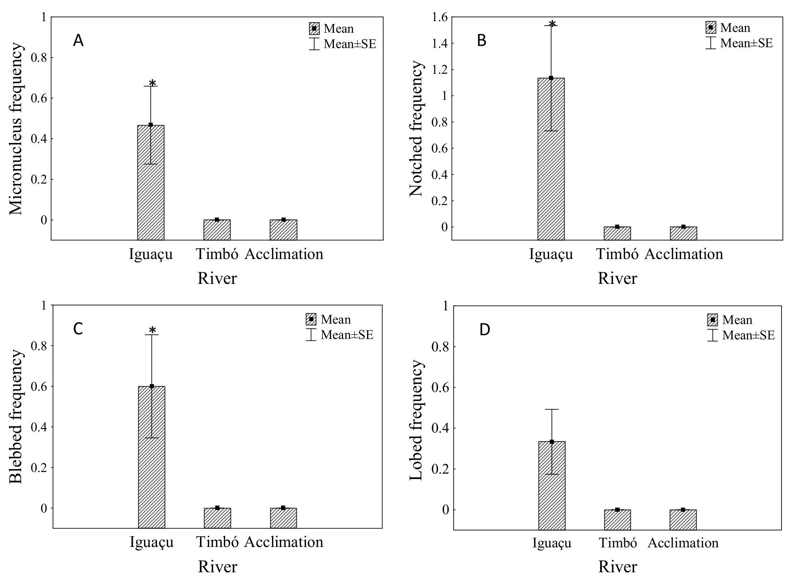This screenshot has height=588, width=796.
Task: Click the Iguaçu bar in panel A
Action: [151, 182]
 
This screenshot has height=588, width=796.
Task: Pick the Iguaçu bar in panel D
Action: [552, 485]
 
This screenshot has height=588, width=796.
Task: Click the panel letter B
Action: [481, 41]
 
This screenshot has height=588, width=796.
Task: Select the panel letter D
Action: [484, 330]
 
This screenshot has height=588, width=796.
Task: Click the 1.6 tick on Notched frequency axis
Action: [440, 17]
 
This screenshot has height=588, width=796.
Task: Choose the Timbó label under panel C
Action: [217, 542]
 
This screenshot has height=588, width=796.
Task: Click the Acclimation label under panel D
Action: [683, 543]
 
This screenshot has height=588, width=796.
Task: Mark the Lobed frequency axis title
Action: [416, 420]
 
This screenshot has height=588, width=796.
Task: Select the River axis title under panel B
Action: [617, 278]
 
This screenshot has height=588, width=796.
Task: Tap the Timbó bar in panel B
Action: [617, 233]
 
